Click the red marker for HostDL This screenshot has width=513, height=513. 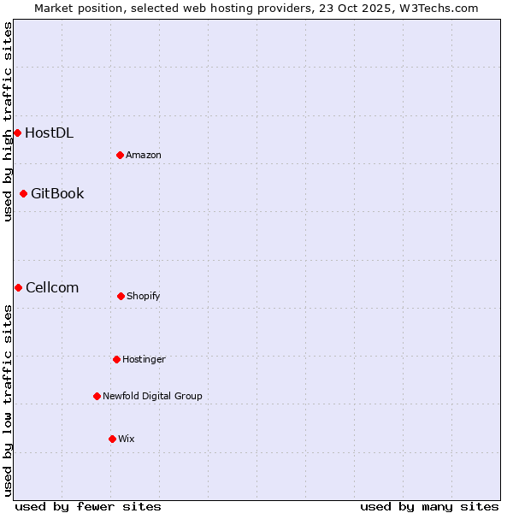click(17, 133)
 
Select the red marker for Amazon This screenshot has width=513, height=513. click(120, 155)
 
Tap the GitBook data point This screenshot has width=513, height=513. click(23, 193)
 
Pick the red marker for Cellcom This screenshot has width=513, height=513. click(18, 287)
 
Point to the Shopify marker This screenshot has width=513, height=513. click(121, 296)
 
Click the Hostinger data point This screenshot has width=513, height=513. click(116, 359)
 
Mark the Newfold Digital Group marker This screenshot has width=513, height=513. click(97, 396)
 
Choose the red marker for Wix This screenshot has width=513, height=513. click(112, 439)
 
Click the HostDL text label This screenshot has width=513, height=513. click(49, 133)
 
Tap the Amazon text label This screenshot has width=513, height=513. click(144, 155)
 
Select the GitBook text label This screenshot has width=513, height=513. click(57, 193)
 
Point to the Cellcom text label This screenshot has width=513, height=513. click(52, 287)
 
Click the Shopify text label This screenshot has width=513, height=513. click(144, 296)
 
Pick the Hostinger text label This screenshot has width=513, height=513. click(144, 359)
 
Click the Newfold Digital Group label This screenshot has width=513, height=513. click(152, 396)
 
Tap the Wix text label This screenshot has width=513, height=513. click(127, 439)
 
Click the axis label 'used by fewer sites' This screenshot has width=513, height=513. click(88, 506)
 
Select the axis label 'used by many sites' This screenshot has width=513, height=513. click(429, 506)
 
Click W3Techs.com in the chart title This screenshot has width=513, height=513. click(436, 8)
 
